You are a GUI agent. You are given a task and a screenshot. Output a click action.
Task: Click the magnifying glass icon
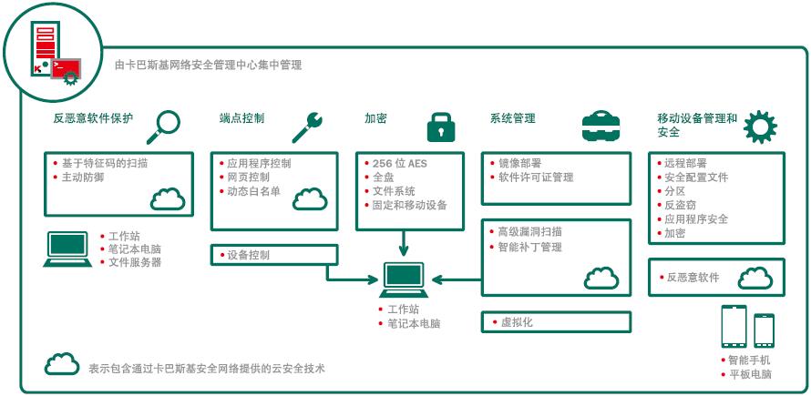[x=165, y=124]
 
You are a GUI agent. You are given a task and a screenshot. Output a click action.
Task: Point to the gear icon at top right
[x=760, y=127]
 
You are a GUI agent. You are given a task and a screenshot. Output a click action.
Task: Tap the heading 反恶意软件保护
[x=93, y=118]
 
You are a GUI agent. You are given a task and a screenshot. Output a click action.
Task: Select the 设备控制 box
[x=268, y=255]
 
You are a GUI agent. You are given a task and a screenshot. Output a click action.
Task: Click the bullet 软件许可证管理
[x=536, y=178]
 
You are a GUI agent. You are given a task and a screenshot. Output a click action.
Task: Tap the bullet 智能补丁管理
[x=529, y=247]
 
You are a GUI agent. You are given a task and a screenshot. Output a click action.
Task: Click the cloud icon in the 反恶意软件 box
[x=755, y=277]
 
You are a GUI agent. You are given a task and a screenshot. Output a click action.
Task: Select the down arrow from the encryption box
[x=403, y=242]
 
